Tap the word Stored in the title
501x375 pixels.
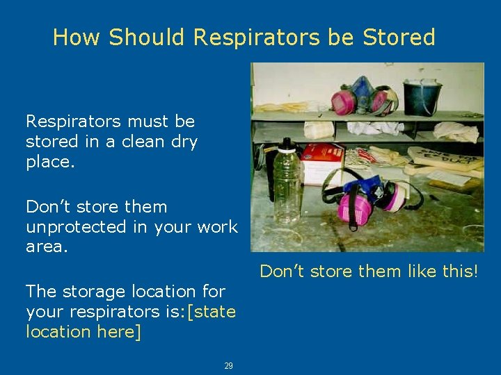click(399, 37)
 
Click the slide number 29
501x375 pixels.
click(228, 366)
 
